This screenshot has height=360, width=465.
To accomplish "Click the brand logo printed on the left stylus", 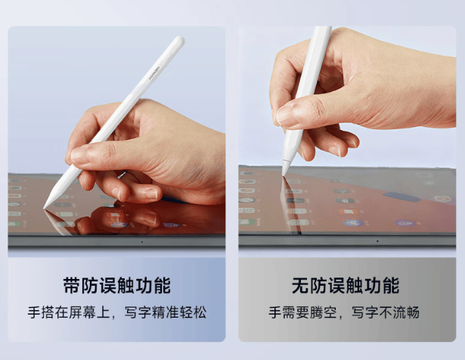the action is pyautogui.click(x=154, y=73).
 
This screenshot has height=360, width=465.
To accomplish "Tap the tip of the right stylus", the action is pyautogui.click(x=284, y=175).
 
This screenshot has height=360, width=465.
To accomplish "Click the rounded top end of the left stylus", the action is pyautogui.click(x=179, y=40).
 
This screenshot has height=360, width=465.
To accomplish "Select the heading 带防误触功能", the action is pyautogui.click(x=117, y=286).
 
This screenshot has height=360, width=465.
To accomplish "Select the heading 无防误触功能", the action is pyautogui.click(x=346, y=286).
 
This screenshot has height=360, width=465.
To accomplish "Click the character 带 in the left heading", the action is pyautogui.click(x=72, y=286).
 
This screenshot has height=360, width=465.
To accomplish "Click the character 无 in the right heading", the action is pyautogui.click(x=300, y=286).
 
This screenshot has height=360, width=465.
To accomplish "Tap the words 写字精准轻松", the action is pyautogui.click(x=165, y=312).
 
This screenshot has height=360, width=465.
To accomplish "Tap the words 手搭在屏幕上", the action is pyautogui.click(x=69, y=312).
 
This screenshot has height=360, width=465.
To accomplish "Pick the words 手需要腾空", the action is pyautogui.click(x=302, y=312).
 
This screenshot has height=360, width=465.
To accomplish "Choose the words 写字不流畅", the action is pyautogui.click(x=386, y=312).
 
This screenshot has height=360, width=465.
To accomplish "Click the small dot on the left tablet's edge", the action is pyautogui.click(x=141, y=242).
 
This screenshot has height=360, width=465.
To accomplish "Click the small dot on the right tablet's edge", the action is pyautogui.click(x=377, y=241).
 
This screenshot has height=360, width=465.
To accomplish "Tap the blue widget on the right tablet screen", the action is pyautogui.click(x=401, y=197).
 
